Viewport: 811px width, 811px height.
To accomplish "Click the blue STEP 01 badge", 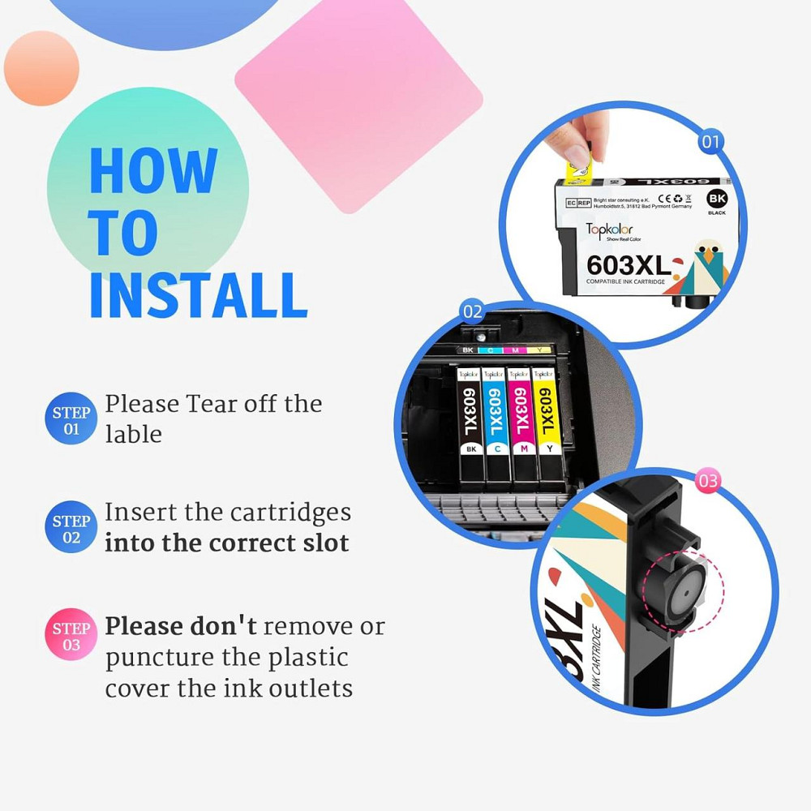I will coord(71,420).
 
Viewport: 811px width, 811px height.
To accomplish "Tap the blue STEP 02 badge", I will coord(71,528).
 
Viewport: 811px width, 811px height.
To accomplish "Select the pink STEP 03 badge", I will coord(71,636).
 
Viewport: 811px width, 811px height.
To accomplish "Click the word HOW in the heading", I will coord(152,171).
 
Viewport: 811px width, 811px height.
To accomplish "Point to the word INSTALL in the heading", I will coord(199,295).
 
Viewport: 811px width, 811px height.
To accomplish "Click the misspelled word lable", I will coord(133,435).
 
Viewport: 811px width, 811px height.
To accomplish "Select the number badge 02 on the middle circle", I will coord(472,311).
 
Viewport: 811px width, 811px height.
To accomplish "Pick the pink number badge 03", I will coord(708,481).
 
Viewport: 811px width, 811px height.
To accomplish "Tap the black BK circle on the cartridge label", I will coord(717,198).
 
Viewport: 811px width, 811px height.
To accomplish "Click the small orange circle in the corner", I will coord(41,68).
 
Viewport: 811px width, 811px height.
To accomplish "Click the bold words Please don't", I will coord(181,627).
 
